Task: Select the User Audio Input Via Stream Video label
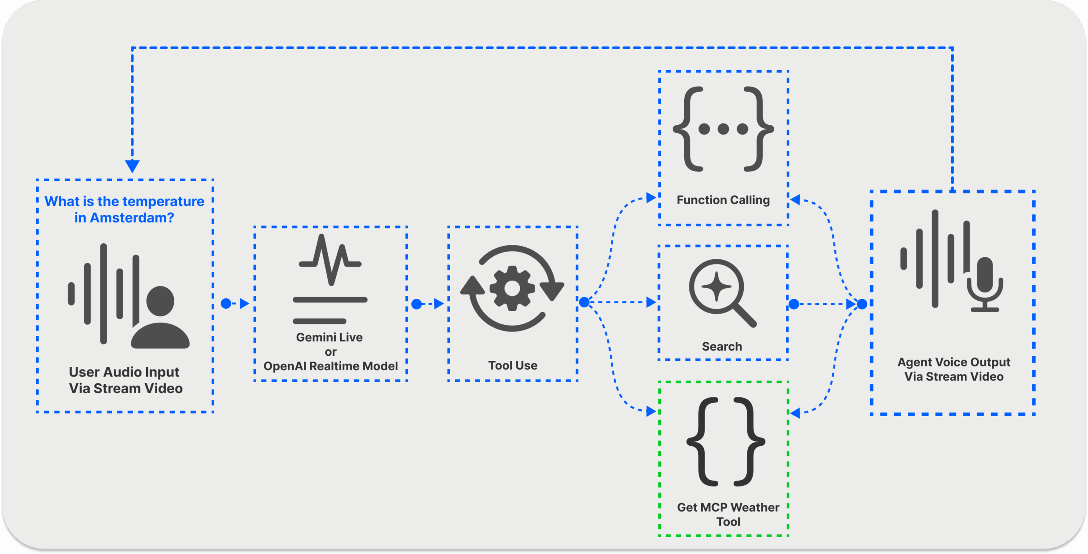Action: point(125,380)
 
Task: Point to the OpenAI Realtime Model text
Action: point(330,366)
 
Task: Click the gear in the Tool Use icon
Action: point(512,288)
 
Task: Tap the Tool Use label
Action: point(513,366)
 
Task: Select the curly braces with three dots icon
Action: point(723,129)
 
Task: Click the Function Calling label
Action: point(723,200)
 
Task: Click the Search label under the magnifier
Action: point(722,346)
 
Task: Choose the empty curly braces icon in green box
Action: point(725,442)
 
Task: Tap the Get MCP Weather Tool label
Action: point(728,514)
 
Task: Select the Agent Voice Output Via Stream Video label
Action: point(954,369)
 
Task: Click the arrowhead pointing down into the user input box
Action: point(132,166)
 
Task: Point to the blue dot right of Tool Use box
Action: point(584,302)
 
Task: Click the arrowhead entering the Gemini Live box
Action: point(244,304)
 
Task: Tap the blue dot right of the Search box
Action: point(793,304)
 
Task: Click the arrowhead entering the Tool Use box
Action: point(439,304)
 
